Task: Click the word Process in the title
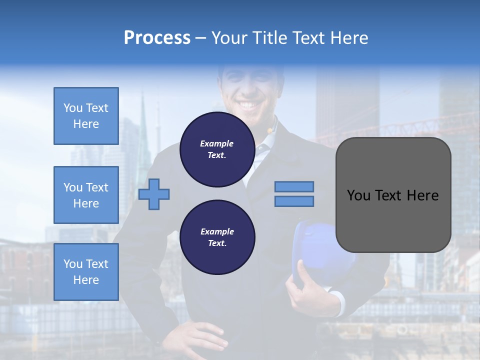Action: coord(157,38)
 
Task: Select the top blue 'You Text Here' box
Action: coord(86,116)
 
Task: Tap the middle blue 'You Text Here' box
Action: coord(86,195)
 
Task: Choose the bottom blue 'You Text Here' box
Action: coord(86,272)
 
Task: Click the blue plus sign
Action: coord(154,194)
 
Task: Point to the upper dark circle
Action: coord(217,149)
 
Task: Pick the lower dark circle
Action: coord(217,237)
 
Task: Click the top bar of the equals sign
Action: coord(294,186)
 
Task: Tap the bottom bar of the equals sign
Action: coord(294,201)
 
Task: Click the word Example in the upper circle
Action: coord(217,143)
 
